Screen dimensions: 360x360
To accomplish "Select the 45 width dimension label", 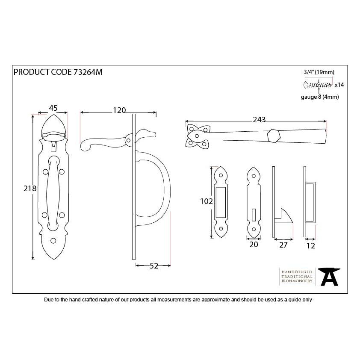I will [x=53, y=109].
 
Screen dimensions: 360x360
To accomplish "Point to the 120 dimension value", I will [x=119, y=110].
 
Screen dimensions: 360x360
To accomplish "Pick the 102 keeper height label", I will [x=207, y=201].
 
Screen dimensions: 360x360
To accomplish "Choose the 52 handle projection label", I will [x=154, y=266].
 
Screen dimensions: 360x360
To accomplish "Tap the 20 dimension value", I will [x=254, y=245].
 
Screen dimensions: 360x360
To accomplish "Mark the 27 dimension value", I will [x=283, y=245].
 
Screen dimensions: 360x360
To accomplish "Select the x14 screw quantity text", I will [x=339, y=85].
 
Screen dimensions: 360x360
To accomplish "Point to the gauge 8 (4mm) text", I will [x=320, y=97].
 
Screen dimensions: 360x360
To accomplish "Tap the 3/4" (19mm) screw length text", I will [x=319, y=72].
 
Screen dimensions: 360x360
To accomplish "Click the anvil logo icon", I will [x=329, y=277].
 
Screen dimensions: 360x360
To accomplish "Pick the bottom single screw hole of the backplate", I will [x=54, y=241].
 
